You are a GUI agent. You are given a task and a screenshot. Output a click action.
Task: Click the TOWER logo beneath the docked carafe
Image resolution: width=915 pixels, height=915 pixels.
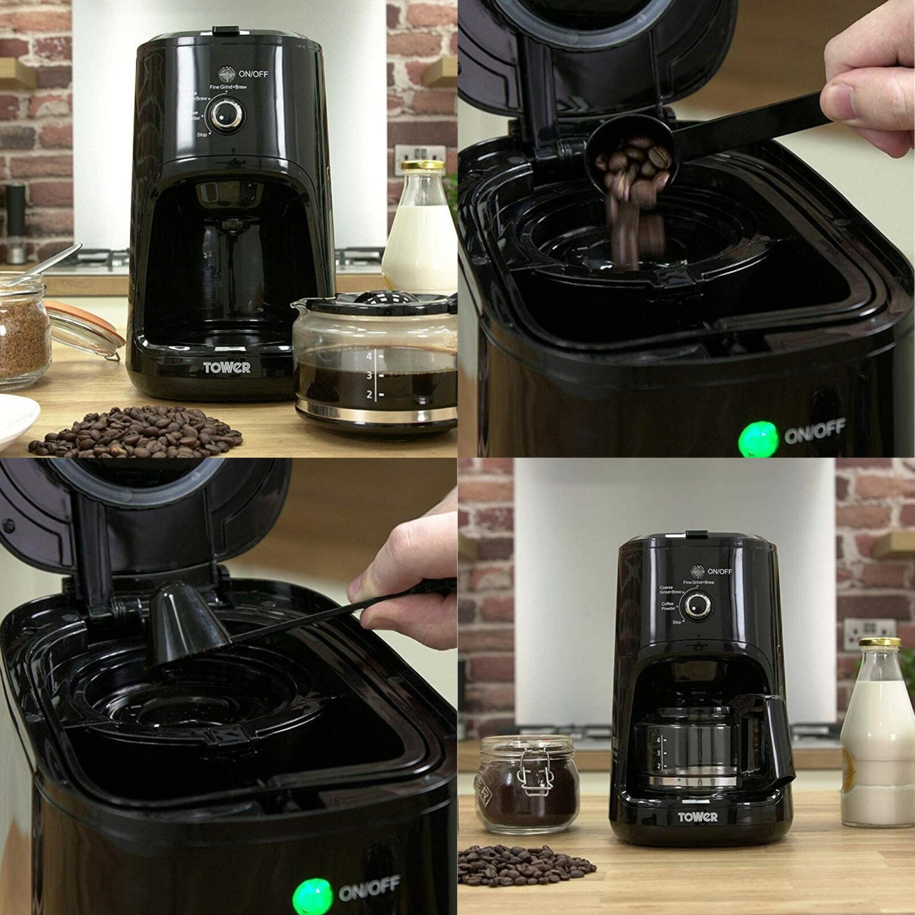click(x=697, y=817)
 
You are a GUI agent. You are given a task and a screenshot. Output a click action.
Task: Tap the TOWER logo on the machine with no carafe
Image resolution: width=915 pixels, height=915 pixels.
click(x=227, y=367)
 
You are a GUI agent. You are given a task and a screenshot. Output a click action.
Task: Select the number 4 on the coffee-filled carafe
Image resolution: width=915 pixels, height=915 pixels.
click(x=369, y=356)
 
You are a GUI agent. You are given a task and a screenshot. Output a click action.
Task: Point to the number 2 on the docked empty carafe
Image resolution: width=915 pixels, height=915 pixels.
click(x=659, y=766)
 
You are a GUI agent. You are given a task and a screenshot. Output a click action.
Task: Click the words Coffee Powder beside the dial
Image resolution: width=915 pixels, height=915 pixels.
click(x=668, y=606)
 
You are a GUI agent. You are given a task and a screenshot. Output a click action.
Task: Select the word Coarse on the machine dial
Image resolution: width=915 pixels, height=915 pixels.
click(x=666, y=587)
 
